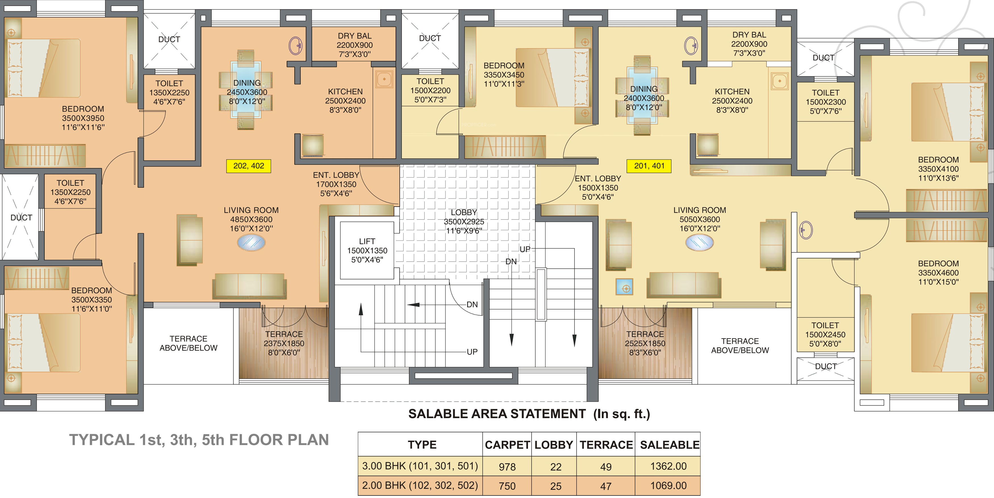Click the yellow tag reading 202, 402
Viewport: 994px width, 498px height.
tap(248, 166)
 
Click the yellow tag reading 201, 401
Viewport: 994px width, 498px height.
tap(649, 166)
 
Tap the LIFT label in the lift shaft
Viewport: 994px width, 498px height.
tap(367, 241)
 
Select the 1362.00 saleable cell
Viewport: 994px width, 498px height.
tap(668, 466)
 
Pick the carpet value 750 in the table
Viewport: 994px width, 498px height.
tap(507, 486)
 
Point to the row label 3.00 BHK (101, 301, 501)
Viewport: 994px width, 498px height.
tap(420, 466)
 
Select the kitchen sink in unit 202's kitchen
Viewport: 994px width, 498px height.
tap(384, 80)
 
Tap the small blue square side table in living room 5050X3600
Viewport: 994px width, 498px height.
tap(624, 288)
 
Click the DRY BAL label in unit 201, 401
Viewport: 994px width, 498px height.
tap(749, 35)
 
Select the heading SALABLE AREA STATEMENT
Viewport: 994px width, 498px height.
tap(497, 414)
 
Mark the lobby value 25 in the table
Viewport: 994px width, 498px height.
tap(556, 486)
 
